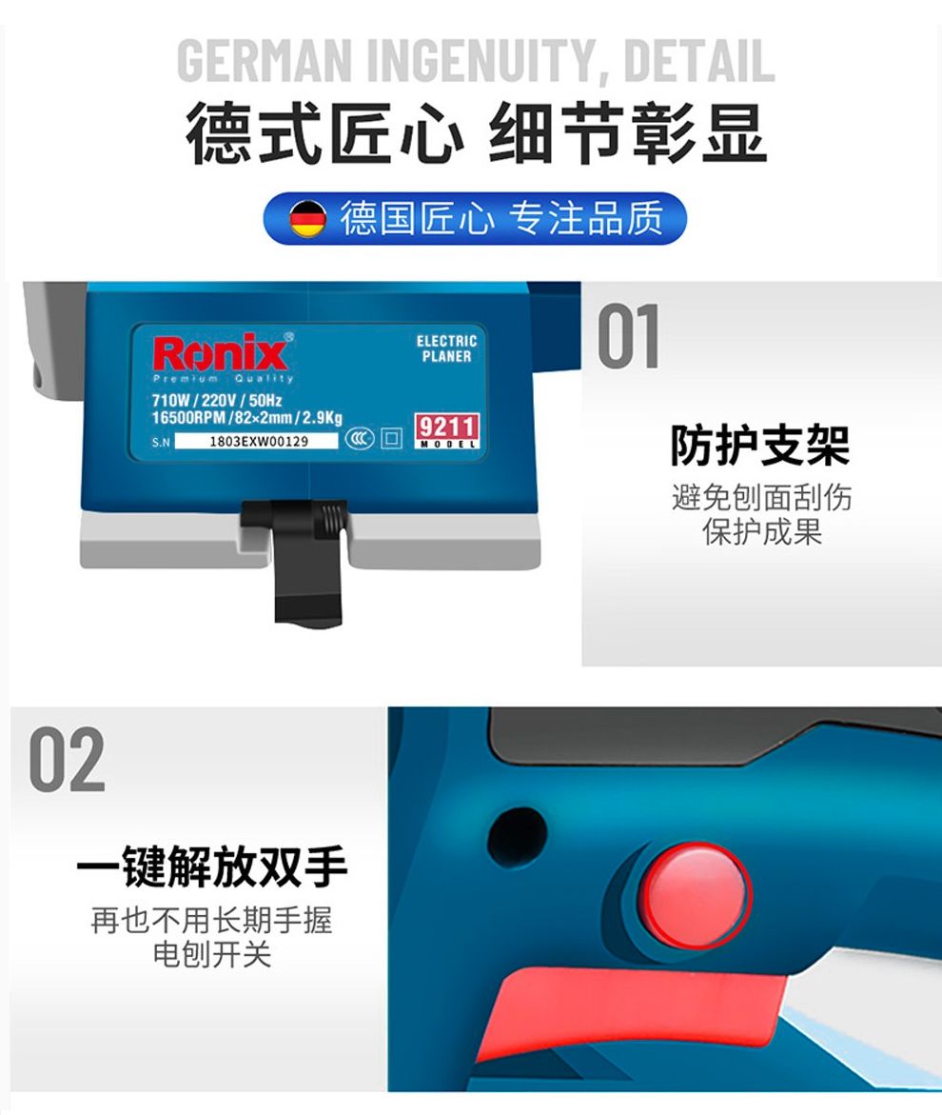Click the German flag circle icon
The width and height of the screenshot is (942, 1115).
pos(307,218)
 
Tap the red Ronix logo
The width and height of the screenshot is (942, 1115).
pos(220,352)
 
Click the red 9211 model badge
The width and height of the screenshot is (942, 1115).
pos(447,431)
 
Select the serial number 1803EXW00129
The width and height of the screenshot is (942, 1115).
pos(258,441)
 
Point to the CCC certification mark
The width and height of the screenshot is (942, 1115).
pos(360,438)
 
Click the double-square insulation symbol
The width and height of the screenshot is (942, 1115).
pos(391,438)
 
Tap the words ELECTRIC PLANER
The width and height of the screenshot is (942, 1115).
pos(446,348)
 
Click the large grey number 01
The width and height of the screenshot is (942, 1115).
pos(629,336)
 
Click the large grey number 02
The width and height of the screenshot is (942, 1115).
pos(67,760)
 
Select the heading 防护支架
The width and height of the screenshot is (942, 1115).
pos(760,446)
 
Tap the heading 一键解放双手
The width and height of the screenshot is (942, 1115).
pos(211,866)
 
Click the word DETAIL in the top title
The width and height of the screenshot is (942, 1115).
pos(699,61)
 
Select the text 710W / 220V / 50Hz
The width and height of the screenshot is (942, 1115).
pos(217,400)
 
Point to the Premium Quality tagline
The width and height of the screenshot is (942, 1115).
pos(223,379)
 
